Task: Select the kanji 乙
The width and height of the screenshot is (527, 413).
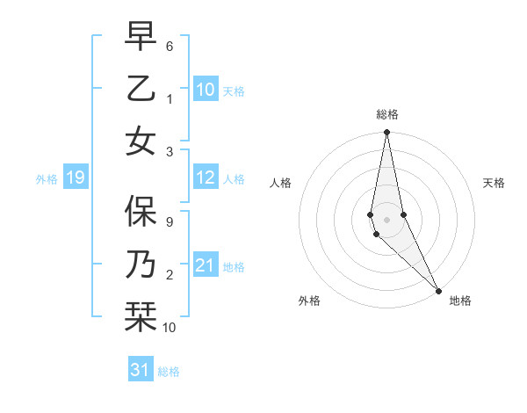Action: (x=141, y=89)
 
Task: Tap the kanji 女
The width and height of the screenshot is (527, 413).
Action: (x=141, y=141)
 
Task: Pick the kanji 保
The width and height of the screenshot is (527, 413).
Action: (x=141, y=209)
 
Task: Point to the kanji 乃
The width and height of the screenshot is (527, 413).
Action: (x=141, y=263)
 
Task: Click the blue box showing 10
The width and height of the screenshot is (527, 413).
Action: (x=206, y=89)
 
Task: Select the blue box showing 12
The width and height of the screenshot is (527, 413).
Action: (x=206, y=178)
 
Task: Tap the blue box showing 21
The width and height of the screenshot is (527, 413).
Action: (x=206, y=265)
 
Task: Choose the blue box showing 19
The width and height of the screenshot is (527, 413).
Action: (x=75, y=178)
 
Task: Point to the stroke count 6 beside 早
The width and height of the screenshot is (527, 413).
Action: (x=170, y=46)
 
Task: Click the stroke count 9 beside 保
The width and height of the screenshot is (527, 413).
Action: (x=170, y=221)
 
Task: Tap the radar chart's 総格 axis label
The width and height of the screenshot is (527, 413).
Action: (x=386, y=114)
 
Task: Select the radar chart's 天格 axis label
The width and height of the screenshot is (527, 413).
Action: (x=494, y=183)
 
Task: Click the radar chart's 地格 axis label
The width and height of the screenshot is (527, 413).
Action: (x=460, y=301)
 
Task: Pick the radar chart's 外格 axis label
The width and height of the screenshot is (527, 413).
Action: (x=309, y=301)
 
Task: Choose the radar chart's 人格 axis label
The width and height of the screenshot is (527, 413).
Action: (x=280, y=183)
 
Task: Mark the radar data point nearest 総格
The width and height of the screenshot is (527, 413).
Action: (x=386, y=133)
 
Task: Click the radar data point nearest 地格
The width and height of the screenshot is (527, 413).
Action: (x=439, y=290)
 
